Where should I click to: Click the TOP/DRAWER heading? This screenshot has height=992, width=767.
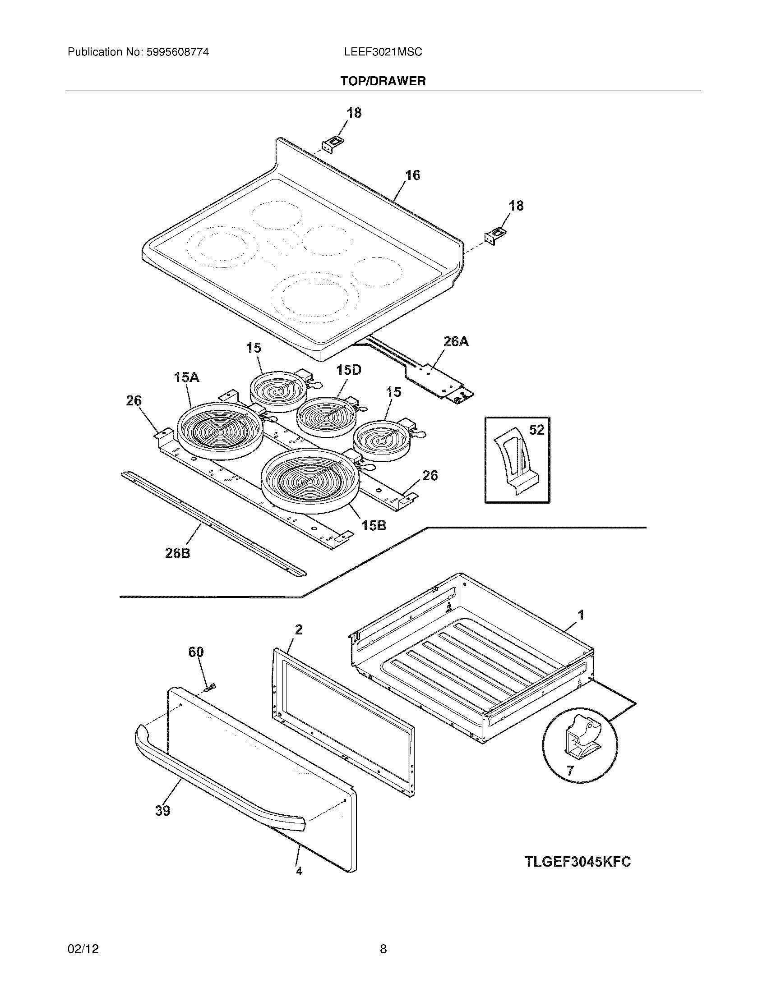(x=383, y=81)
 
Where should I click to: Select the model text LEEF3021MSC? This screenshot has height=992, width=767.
(x=383, y=52)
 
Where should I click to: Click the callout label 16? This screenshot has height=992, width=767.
(x=412, y=175)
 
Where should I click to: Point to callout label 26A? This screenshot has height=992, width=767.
(x=455, y=342)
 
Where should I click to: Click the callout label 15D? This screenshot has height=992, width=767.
(x=349, y=370)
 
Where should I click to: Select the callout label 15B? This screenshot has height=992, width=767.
(x=374, y=525)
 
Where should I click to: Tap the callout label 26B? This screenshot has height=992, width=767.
(x=177, y=553)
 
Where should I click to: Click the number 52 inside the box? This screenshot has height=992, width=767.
(x=536, y=429)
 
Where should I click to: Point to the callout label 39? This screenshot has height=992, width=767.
(x=163, y=810)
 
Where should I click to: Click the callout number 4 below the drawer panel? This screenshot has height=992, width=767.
(x=299, y=871)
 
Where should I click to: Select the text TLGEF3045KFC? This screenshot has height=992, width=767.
(x=578, y=862)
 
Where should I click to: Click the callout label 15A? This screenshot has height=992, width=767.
(x=186, y=377)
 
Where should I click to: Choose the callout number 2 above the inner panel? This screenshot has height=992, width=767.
(x=299, y=629)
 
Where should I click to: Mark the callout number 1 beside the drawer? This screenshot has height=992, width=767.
(x=581, y=615)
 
